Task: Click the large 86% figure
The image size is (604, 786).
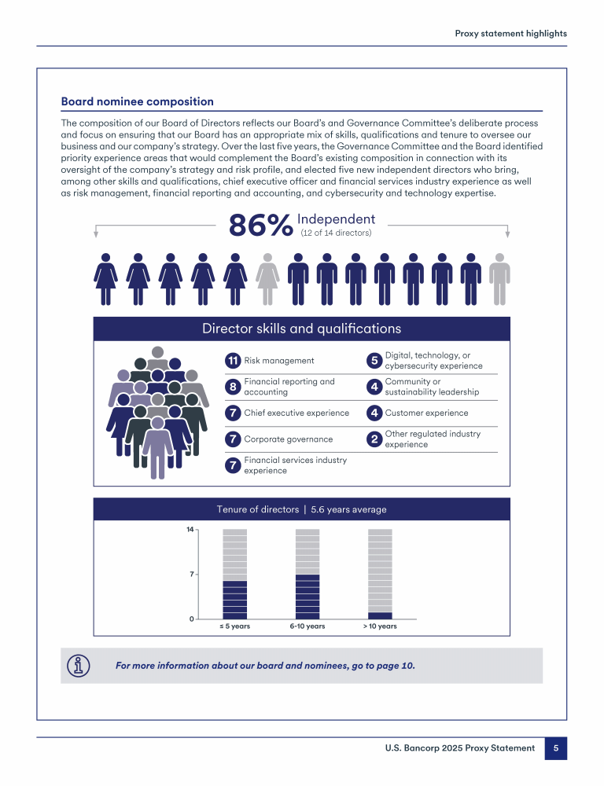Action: click(260, 226)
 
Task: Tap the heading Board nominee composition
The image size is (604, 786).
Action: click(137, 101)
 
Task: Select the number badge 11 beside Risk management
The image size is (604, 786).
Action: click(233, 361)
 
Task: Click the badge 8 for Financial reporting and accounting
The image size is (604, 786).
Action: click(233, 387)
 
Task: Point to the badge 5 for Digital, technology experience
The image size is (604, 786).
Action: click(374, 361)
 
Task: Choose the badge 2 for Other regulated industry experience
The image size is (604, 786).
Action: click(374, 439)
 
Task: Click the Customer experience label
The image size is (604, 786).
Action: click(426, 413)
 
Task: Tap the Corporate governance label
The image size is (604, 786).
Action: click(288, 439)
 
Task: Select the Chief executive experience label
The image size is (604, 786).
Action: click(296, 413)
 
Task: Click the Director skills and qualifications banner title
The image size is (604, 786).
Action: click(301, 329)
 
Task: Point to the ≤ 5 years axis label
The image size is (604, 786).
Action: click(234, 626)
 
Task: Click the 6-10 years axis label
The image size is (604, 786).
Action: click(307, 626)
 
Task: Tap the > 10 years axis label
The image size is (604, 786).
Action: click(380, 626)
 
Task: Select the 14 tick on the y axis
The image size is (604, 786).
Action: click(190, 530)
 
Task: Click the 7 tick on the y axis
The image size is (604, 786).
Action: click(191, 575)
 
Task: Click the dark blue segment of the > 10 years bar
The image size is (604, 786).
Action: click(380, 615)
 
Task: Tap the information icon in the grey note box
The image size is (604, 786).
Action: click(79, 665)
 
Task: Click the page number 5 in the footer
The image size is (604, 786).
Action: click(556, 749)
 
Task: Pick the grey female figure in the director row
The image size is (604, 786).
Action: click(268, 279)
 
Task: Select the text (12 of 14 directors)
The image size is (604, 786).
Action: click(336, 233)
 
